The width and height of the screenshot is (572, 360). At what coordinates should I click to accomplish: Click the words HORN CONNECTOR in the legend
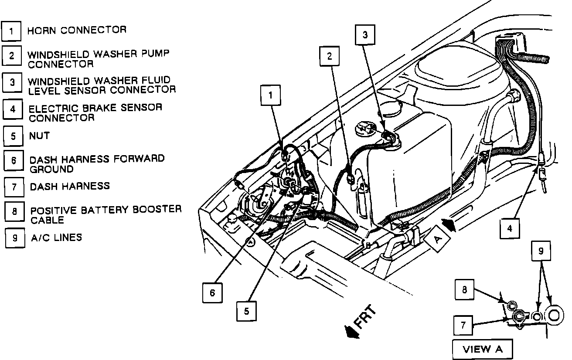point(77,31)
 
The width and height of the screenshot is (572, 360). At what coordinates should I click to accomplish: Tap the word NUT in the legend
point(39,136)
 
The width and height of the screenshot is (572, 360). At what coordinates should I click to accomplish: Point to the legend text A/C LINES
point(56,238)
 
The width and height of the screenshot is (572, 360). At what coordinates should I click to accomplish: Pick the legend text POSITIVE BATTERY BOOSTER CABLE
point(106,214)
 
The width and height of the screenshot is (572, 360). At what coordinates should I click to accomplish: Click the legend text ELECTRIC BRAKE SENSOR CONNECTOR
point(95,112)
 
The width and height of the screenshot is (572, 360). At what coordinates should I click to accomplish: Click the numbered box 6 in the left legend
point(14,161)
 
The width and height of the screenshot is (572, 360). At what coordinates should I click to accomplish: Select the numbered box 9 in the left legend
point(15,238)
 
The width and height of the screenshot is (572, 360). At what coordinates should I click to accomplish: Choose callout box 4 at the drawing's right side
point(510,228)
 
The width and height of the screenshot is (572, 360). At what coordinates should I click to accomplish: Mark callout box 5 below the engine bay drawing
point(246,311)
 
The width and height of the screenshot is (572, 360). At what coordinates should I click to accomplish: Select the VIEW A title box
point(482,349)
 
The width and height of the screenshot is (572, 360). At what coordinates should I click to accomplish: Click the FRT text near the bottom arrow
point(364,317)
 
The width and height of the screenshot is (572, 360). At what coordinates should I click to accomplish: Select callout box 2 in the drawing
point(330,56)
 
